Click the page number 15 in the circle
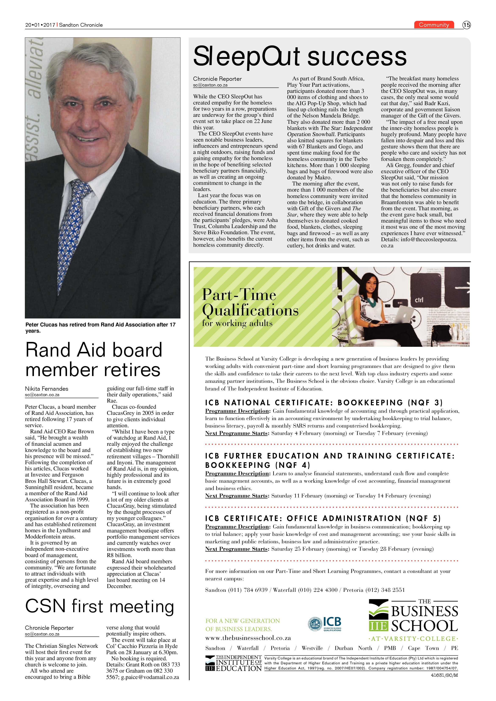[x=466, y=25]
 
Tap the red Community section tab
[x=434, y=25]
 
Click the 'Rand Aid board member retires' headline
[x=94, y=360]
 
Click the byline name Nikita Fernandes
[x=47, y=389]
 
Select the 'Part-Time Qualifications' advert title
[x=250, y=302]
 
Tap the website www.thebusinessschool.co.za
[x=248, y=638]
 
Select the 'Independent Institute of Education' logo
[x=234, y=663]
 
